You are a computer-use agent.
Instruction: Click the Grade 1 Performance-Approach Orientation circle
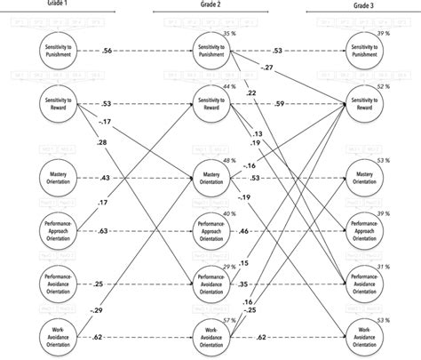[x=59, y=231]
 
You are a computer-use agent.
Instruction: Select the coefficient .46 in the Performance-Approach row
[x=269, y=231]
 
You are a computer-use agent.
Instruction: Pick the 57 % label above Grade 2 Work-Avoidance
[x=230, y=319]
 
